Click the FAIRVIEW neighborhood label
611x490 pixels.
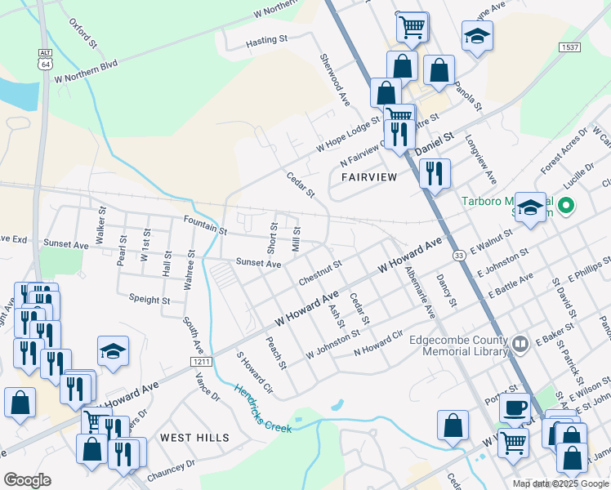pos(369,176)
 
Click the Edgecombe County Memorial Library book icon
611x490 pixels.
pos(520,345)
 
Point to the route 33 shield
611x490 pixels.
pos(460,256)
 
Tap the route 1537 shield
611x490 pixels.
pos(570,47)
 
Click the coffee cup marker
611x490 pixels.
pos(515,407)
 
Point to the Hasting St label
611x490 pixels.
pos(267,38)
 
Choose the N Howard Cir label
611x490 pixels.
pos(378,343)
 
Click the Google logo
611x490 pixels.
pos(27,480)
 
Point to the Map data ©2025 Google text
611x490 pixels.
pos(560,483)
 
